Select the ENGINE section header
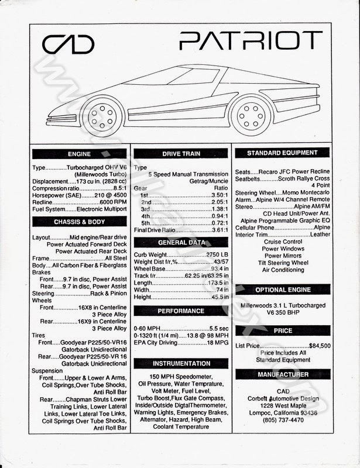click(x=80, y=154)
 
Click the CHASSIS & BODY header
click(x=80, y=222)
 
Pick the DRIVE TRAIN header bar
click(x=180, y=154)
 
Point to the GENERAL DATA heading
click(x=180, y=242)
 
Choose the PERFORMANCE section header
click(x=180, y=311)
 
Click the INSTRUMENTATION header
click(x=180, y=363)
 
